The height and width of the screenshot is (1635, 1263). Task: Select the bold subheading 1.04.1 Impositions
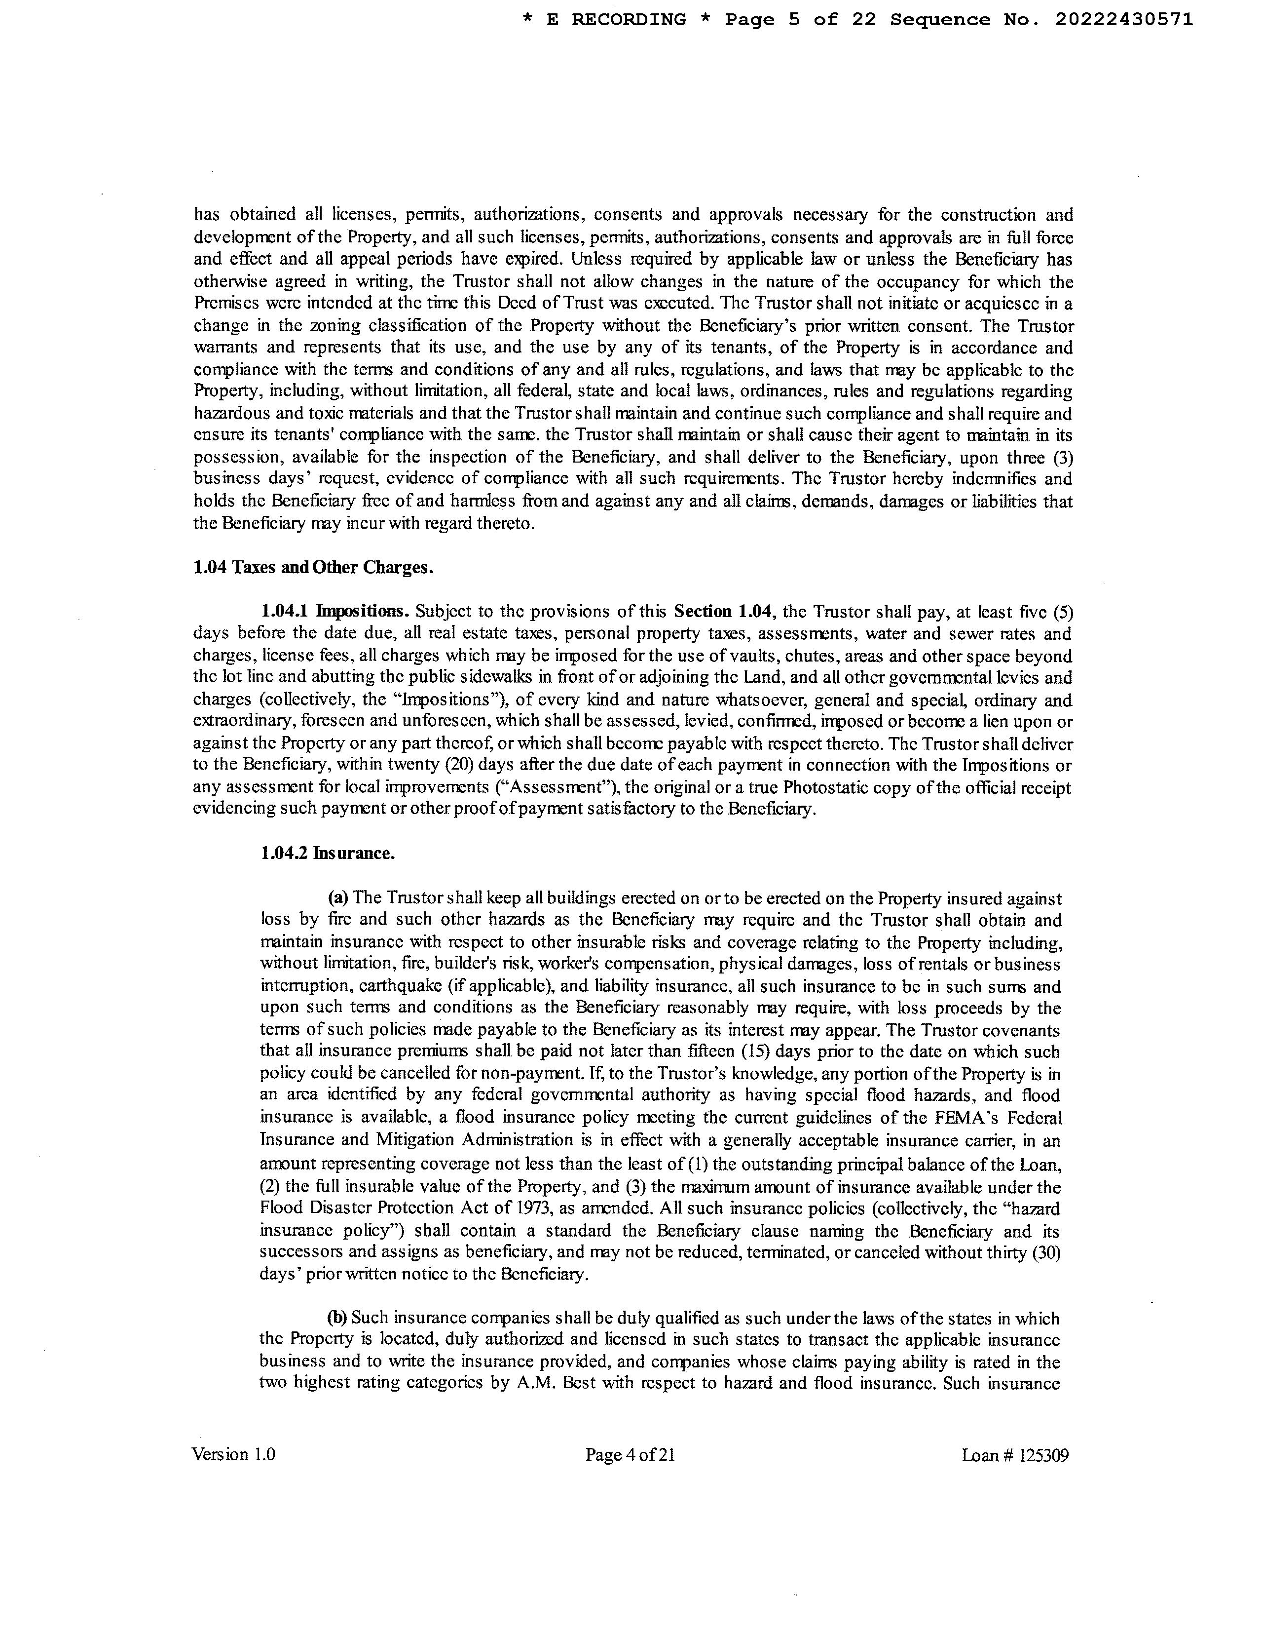pyautogui.click(x=335, y=612)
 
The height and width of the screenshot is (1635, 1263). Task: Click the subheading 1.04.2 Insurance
pyautogui.click(x=328, y=853)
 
